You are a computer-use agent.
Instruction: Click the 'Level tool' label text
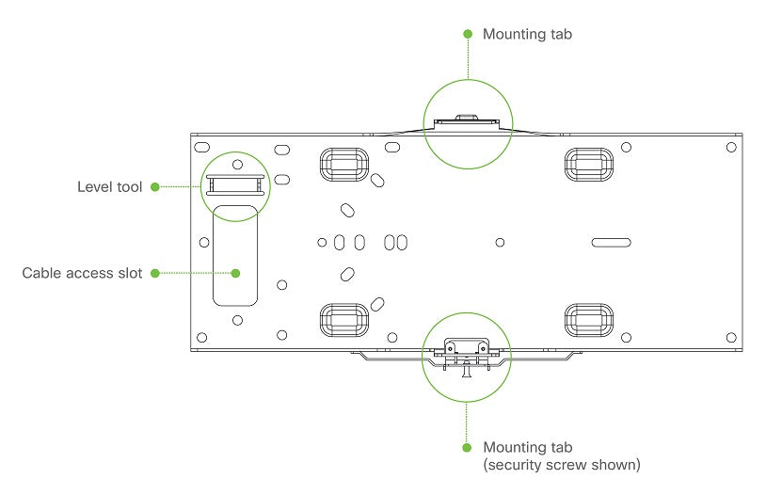coord(109,187)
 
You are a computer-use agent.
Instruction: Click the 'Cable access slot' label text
coord(82,274)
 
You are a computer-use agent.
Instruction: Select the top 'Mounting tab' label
coord(527,34)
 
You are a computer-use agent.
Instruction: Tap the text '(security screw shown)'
coord(549,465)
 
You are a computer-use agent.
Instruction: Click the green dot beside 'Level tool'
coord(155,187)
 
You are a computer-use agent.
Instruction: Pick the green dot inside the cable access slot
coord(236,274)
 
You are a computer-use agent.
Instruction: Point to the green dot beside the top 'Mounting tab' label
coord(468,34)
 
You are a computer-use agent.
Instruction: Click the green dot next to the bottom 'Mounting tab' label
coord(468,447)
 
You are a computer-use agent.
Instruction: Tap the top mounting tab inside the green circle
coord(468,120)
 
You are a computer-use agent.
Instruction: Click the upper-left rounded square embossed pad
coord(341,164)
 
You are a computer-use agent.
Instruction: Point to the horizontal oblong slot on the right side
coord(611,242)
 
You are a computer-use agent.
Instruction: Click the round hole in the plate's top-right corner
coord(731,149)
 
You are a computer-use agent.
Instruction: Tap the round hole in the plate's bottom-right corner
coord(731,336)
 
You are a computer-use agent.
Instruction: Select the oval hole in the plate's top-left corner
coord(201,149)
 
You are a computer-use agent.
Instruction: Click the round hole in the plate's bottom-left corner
coord(201,337)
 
